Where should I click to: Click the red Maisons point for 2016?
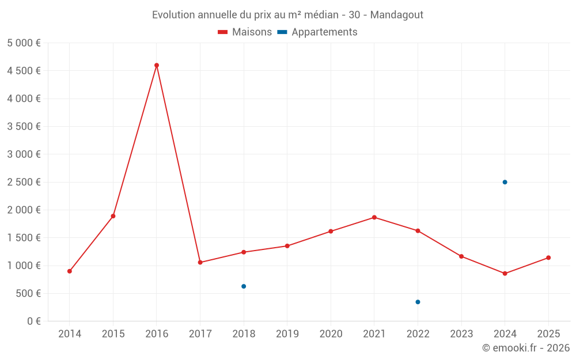click(157, 65)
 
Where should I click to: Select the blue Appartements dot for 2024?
click(505, 182)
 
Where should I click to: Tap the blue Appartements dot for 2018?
click(244, 286)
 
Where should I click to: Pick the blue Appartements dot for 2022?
click(418, 302)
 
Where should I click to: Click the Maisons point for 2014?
click(70, 271)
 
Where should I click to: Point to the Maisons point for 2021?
click(374, 217)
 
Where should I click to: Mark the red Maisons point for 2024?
click(505, 274)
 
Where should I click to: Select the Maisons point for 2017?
click(200, 263)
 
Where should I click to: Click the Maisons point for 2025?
click(548, 257)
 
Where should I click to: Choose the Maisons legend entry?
click(245, 32)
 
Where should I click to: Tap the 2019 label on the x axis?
click(287, 334)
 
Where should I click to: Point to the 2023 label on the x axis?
click(461, 334)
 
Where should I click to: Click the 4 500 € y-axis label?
click(24, 71)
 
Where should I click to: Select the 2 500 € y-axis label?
click(24, 182)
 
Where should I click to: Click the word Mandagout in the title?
click(396, 15)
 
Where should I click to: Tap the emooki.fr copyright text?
click(526, 348)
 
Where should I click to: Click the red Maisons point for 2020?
click(331, 232)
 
